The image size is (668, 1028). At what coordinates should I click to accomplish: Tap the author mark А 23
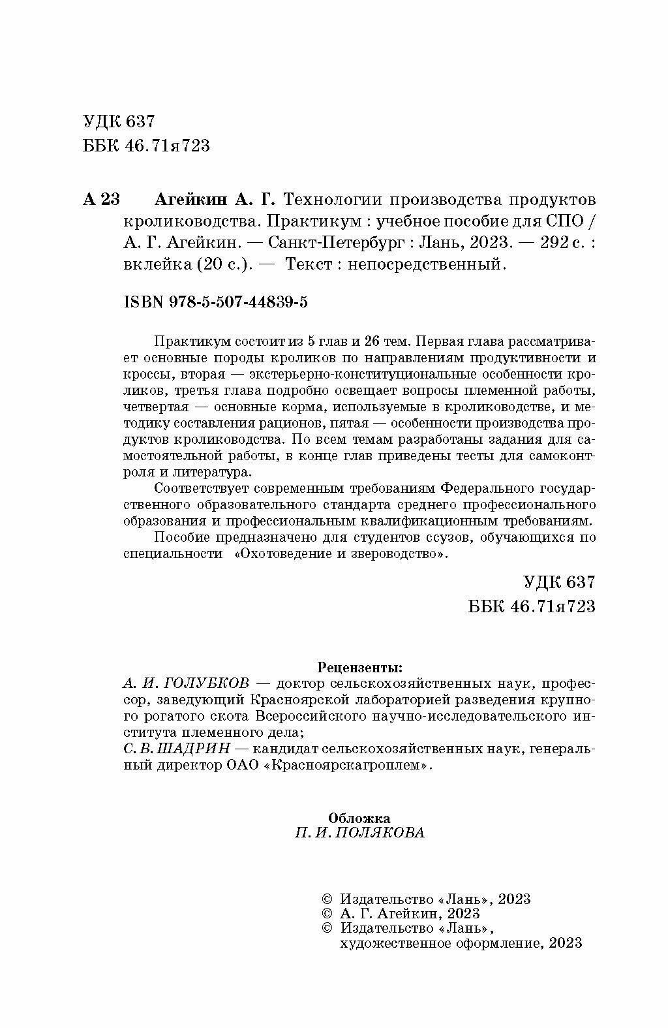pos(101,198)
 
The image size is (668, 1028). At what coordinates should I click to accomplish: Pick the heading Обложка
pos(359,817)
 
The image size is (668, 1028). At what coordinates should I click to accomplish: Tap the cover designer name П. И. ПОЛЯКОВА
pos(359,832)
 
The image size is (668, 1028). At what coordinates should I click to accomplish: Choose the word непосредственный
pos(426,264)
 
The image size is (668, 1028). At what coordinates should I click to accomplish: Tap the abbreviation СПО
pos(564,221)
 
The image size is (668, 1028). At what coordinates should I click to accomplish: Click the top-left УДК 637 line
pos(119,122)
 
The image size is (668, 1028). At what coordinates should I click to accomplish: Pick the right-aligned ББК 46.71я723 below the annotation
pos(532,606)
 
